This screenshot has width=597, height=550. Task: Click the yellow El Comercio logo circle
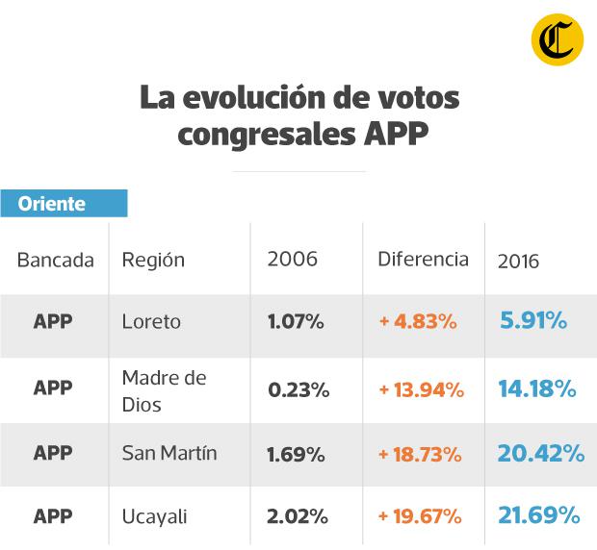558,41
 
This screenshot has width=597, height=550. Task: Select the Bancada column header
56,260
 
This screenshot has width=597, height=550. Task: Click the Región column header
153,260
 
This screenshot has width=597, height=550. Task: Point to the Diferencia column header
423,259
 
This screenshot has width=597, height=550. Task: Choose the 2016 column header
518,261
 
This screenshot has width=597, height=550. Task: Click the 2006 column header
292,260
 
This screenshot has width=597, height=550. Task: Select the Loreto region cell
151,321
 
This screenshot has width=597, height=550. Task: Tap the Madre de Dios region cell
164,390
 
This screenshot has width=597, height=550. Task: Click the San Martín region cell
169,453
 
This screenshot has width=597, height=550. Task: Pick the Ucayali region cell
155,516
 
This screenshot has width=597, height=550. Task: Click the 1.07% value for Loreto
296,321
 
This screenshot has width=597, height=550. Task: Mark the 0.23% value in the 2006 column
298,390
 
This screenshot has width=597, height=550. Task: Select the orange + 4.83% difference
418,321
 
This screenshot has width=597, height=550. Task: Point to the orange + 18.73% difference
421,453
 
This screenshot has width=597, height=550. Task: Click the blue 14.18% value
537,389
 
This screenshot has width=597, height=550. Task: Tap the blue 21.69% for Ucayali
539,516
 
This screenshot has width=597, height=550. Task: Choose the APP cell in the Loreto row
53,321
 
